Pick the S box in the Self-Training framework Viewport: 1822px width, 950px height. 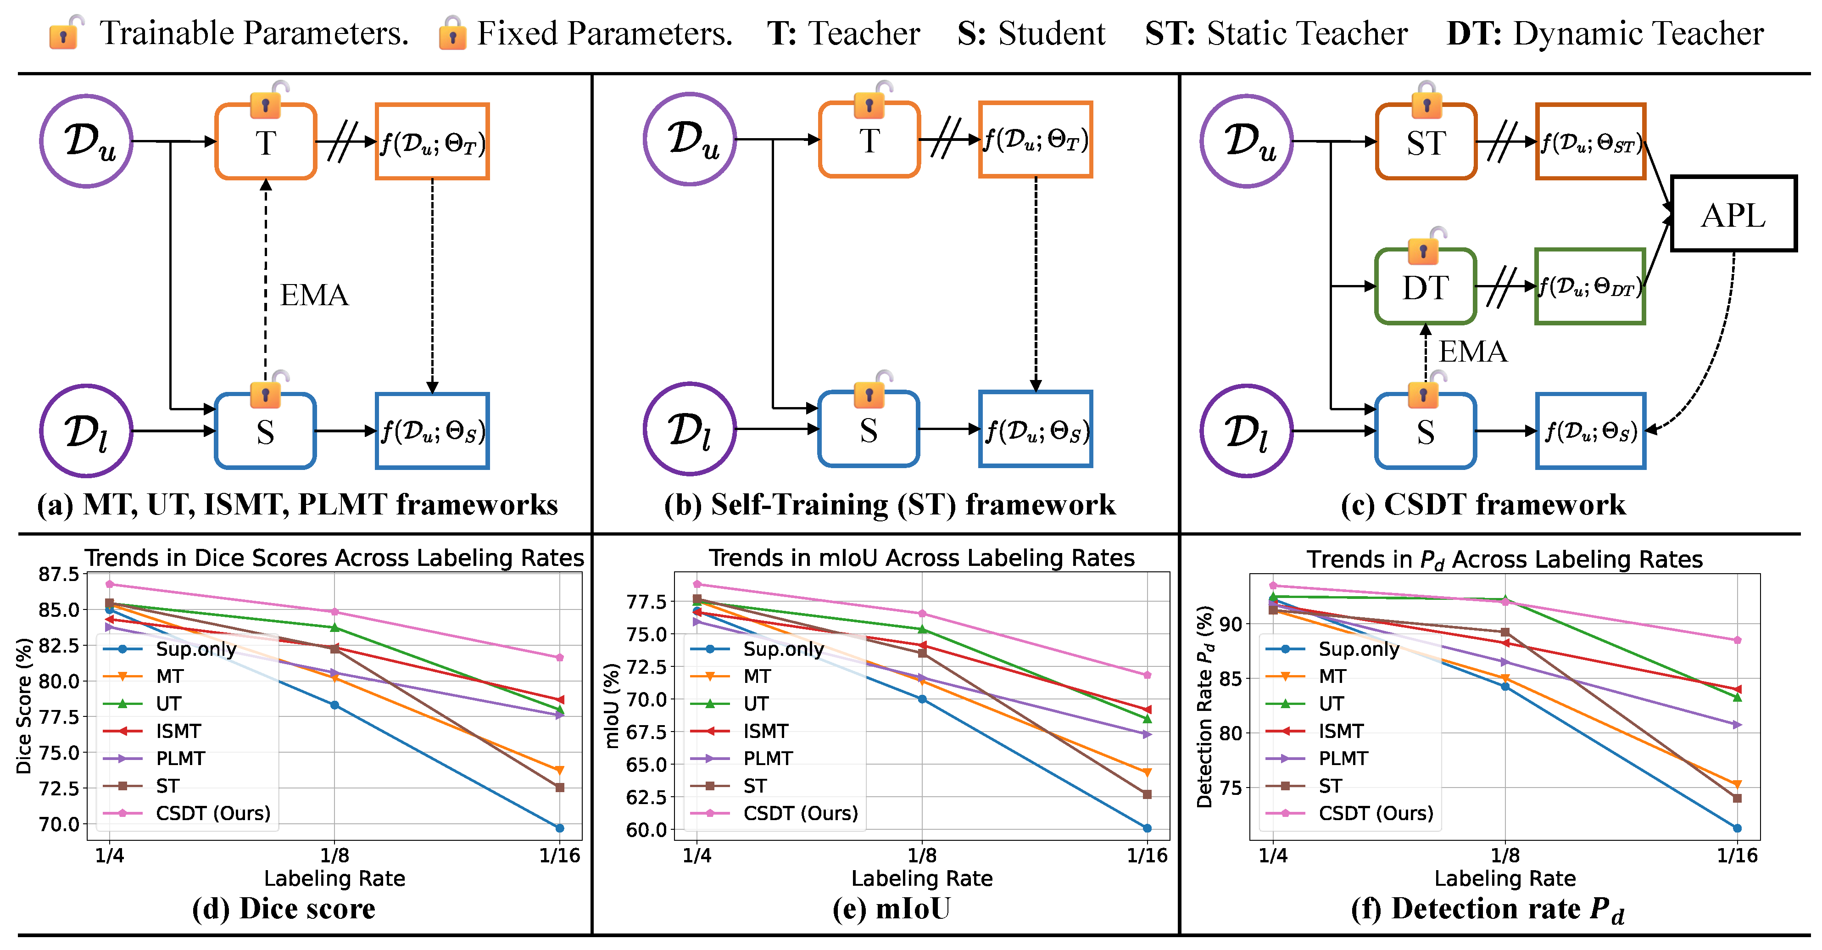click(869, 430)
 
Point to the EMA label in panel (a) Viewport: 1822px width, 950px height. click(314, 295)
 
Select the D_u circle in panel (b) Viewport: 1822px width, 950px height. click(690, 140)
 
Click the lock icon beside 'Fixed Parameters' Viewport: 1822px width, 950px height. click(452, 33)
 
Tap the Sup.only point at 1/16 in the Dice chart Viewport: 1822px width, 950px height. click(559, 827)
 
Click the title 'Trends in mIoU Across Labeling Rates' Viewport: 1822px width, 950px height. click(922, 558)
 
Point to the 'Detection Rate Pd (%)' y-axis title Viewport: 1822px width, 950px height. click(1204, 706)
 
